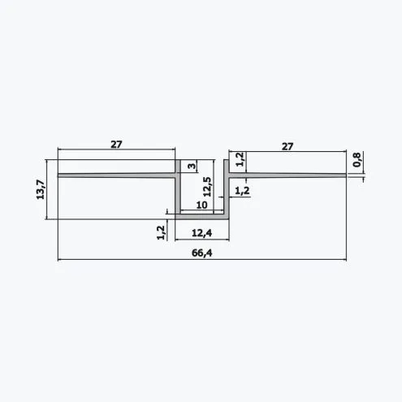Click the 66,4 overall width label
tap(202, 253)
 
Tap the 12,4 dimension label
tap(202, 233)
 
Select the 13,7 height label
tap(41, 189)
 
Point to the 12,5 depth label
tap(207, 187)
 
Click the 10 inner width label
tap(201, 205)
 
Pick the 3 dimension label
tap(192, 166)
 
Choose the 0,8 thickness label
tap(357, 160)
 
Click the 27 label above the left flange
tap(116, 145)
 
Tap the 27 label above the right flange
tap(287, 146)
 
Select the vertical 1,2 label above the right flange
tap(240, 159)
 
